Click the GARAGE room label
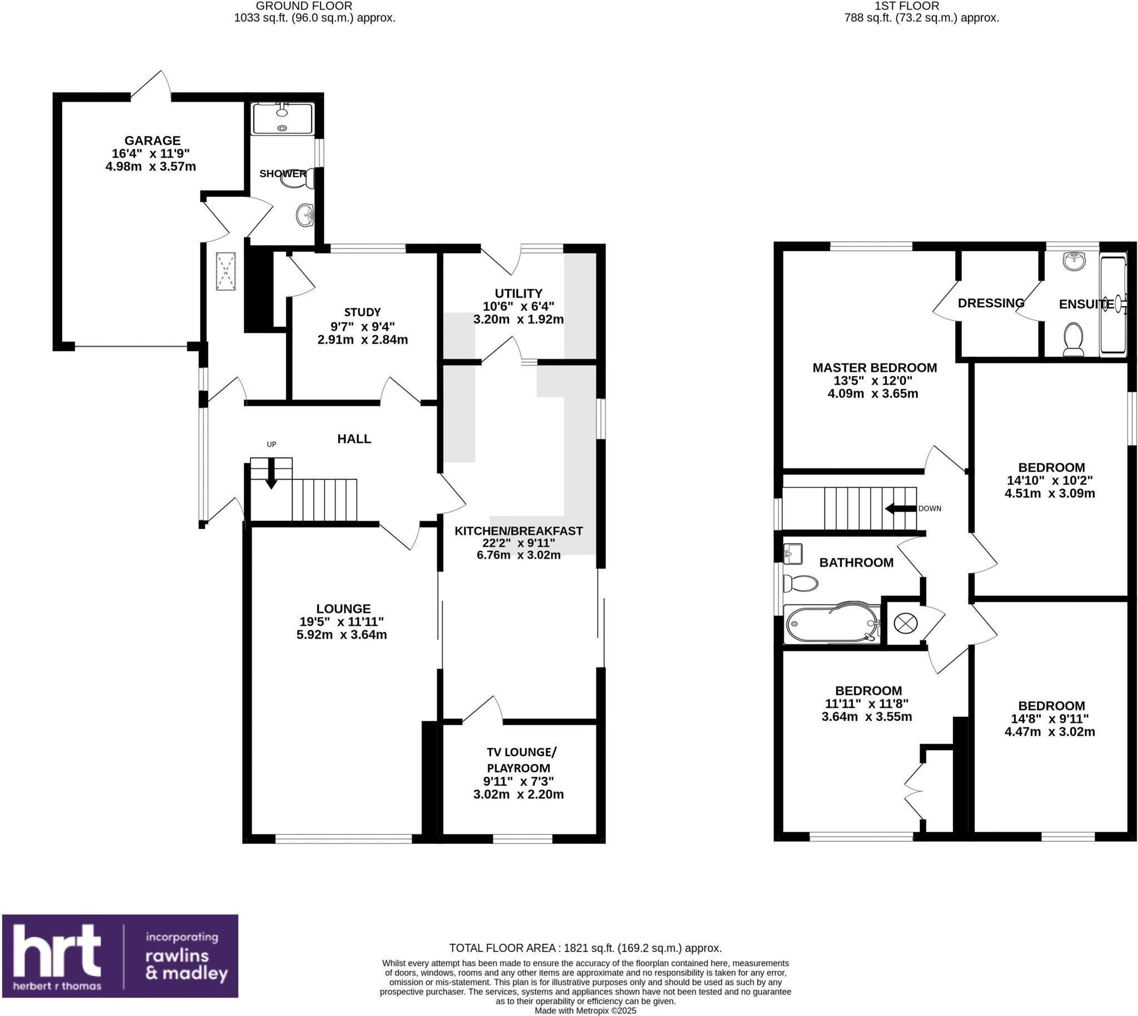152,141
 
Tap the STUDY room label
362,312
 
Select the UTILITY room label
518,293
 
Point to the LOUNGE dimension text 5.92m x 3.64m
341,635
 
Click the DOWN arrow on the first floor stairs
897,509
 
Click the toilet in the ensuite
1073,339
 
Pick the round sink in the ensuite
1073,261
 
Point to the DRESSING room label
991,303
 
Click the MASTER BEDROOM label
874,367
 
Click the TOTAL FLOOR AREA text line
585,948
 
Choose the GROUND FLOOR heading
303,6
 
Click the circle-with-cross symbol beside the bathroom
905,622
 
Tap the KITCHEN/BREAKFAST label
518,531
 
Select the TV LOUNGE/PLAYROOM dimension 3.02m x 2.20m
518,794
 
